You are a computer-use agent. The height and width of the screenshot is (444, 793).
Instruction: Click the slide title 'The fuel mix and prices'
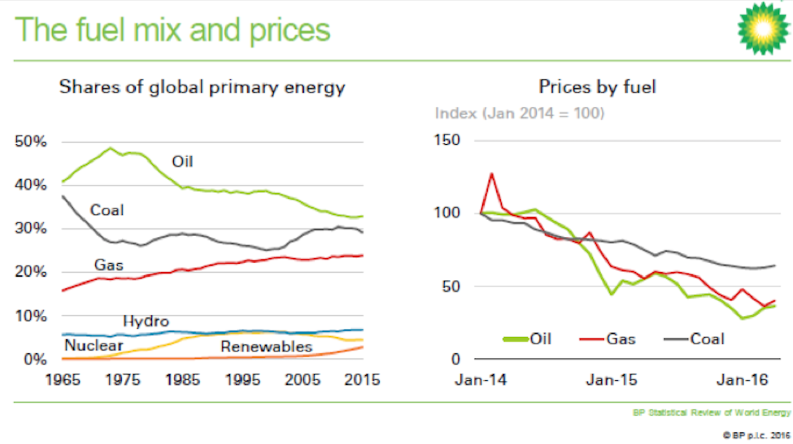pyautogui.click(x=172, y=30)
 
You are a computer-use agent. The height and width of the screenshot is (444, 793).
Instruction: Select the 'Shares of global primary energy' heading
pyautogui.click(x=202, y=88)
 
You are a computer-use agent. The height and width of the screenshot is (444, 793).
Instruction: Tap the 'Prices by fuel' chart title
pyautogui.click(x=597, y=86)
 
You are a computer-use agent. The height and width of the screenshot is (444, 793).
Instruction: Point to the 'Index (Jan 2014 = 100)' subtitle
pyautogui.click(x=519, y=113)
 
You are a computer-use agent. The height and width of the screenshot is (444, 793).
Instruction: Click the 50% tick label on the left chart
pyautogui.click(x=31, y=142)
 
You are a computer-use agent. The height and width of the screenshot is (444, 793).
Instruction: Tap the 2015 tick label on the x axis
pyautogui.click(x=362, y=379)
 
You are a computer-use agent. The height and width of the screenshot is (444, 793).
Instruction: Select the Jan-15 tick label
pyautogui.click(x=611, y=380)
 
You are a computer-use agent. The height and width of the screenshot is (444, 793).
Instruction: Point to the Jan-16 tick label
pyautogui.click(x=745, y=380)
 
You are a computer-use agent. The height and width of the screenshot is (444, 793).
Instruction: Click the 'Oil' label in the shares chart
pyautogui.click(x=182, y=162)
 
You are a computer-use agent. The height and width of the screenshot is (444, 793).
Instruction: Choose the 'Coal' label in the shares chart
pyautogui.click(x=107, y=210)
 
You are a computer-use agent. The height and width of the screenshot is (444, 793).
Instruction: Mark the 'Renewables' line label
pyautogui.click(x=266, y=347)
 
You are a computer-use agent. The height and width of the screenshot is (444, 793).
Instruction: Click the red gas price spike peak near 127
pyautogui.click(x=492, y=174)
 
